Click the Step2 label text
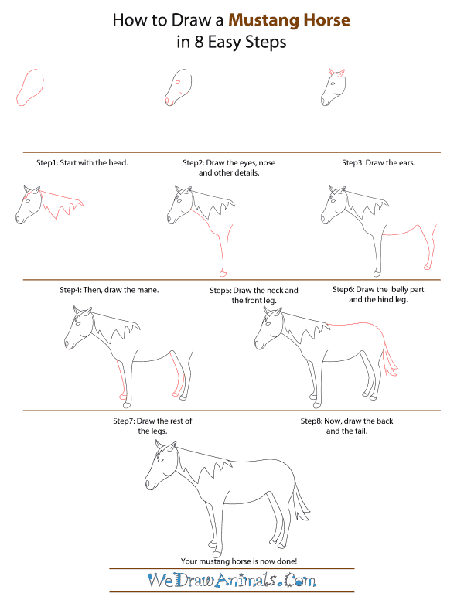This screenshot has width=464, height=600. [x=193, y=163]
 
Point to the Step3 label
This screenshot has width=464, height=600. [x=354, y=163]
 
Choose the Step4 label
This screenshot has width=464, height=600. [x=72, y=290]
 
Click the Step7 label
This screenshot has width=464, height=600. [x=125, y=421]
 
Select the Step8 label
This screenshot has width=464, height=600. [x=312, y=421]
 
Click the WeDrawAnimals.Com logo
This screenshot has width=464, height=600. [x=231, y=580]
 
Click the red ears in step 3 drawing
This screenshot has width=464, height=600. [x=335, y=73]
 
